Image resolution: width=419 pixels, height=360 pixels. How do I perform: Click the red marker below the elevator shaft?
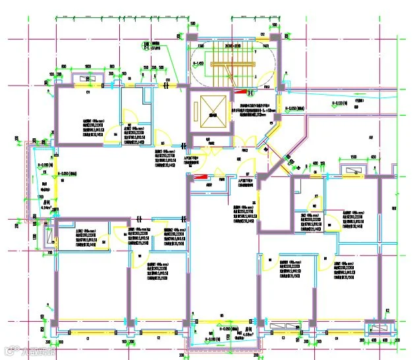204,176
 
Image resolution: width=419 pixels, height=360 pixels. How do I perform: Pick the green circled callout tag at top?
145,45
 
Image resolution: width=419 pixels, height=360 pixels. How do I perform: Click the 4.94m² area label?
45,208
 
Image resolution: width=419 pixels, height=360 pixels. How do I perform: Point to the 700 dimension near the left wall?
49,253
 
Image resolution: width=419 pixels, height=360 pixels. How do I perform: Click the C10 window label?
168,82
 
